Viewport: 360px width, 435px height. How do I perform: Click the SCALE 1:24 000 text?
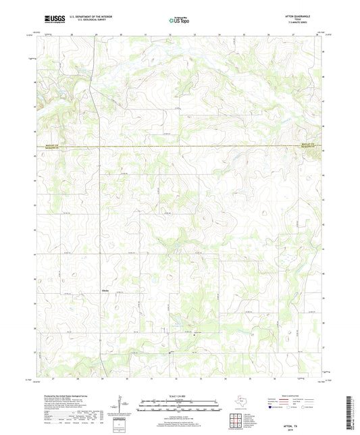(180, 395)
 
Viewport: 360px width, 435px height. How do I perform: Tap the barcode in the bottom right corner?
(353, 413)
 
